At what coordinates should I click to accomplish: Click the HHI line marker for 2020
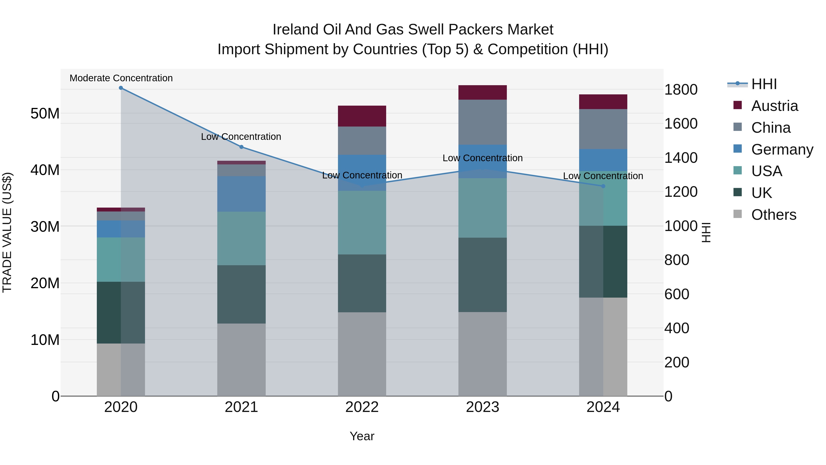coord(121,88)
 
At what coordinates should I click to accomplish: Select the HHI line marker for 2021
coord(241,147)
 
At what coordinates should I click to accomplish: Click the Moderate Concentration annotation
coord(121,78)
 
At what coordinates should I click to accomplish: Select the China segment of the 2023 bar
coord(482,122)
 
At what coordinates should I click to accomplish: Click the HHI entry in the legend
coord(764,84)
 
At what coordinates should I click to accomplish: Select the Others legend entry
coord(773,215)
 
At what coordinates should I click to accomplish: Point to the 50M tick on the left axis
coord(45,114)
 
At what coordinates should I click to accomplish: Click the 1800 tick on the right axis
coord(681,90)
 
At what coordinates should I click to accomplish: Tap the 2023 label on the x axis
coord(482,407)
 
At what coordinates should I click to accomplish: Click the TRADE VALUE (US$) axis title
coord(7,232)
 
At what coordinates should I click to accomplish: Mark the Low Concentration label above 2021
coord(241,137)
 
